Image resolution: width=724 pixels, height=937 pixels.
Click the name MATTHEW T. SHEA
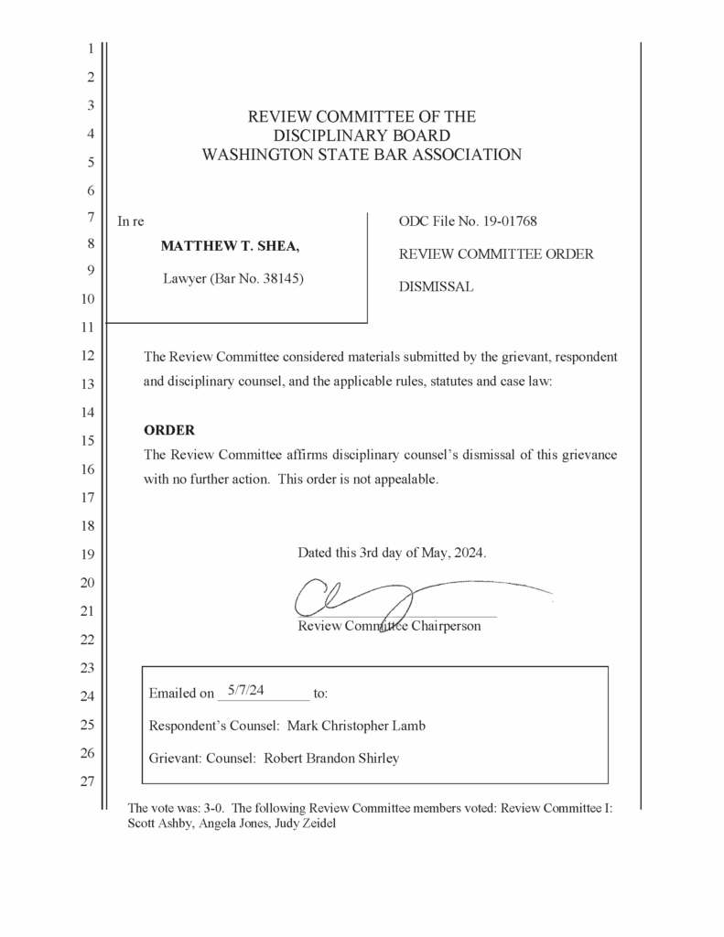tap(230, 247)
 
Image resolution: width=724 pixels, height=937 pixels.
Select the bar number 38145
tap(281, 278)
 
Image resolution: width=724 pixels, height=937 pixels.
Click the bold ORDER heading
tap(169, 430)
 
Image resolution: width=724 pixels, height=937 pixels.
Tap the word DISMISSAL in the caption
tap(436, 286)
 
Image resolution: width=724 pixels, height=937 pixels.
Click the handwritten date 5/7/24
tap(246, 691)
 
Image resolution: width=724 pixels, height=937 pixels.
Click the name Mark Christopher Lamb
tap(356, 726)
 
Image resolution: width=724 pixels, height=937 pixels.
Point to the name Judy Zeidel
tap(299, 823)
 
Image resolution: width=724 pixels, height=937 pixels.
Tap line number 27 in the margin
tap(88, 782)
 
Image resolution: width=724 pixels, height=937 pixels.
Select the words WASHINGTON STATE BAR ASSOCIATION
tap(362, 155)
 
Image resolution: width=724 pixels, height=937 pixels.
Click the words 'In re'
tap(131, 221)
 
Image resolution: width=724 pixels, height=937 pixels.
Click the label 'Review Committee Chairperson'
tap(389, 627)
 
